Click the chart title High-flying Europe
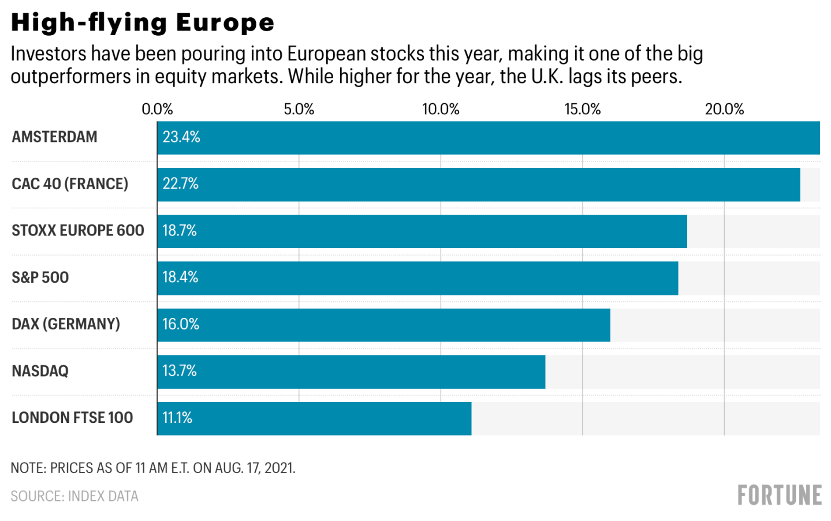pyautogui.click(x=143, y=23)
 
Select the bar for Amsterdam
pyautogui.click(x=488, y=138)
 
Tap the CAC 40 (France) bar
pyautogui.click(x=478, y=185)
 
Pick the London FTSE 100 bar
pyautogui.click(x=314, y=418)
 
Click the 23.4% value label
pyautogui.click(x=181, y=137)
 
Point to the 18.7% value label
pyautogui.click(x=180, y=231)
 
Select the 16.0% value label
pyautogui.click(x=181, y=324)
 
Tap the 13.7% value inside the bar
pyautogui.click(x=180, y=371)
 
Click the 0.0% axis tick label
pyautogui.click(x=157, y=109)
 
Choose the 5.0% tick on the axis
pyautogui.click(x=299, y=109)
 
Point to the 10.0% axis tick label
pyautogui.click(x=441, y=109)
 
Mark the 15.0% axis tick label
pyautogui.click(x=582, y=109)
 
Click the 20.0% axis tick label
pyautogui.click(x=724, y=109)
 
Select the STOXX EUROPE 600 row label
pyautogui.click(x=78, y=231)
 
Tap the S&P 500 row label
pyautogui.click(x=40, y=278)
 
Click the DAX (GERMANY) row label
pyautogui.click(x=66, y=324)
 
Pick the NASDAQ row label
pyautogui.click(x=40, y=371)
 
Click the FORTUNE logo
pyautogui.click(x=780, y=496)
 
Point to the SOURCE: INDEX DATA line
pyautogui.click(x=74, y=496)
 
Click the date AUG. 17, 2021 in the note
pyautogui.click(x=255, y=468)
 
